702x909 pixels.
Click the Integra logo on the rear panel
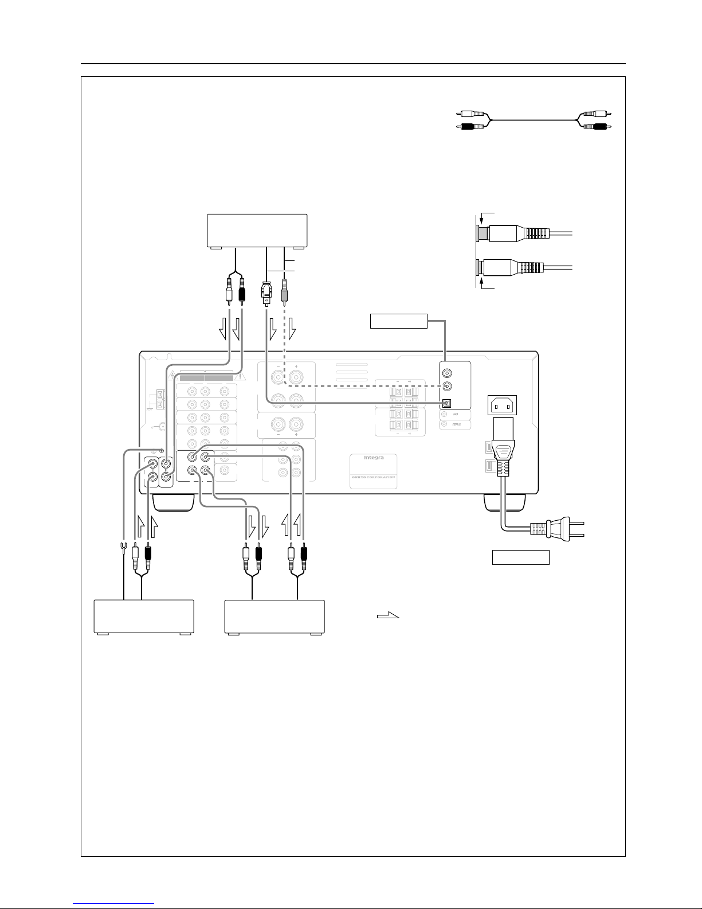pos(373,458)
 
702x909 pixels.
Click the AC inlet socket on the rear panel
pos(501,406)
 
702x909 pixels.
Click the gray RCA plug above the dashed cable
pos(285,293)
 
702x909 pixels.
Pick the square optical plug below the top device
pos(265,293)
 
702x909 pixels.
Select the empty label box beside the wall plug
pos(521,557)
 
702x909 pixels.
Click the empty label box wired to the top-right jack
pos(399,321)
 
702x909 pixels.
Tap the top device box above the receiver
pos(257,231)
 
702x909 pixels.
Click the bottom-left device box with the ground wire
pos(144,617)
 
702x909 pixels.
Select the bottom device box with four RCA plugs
pos(274,617)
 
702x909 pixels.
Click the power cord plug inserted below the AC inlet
pos(502,453)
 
